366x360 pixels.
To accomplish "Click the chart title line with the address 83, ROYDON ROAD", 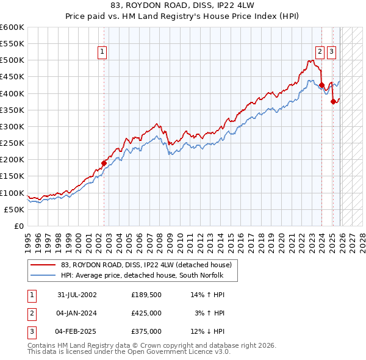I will (183, 5).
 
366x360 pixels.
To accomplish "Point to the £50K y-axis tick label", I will (14, 209).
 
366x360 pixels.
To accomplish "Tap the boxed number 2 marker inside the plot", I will (320, 52).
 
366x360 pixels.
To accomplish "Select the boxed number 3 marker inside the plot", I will (331, 52).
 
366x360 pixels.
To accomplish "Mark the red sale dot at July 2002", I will (104, 163).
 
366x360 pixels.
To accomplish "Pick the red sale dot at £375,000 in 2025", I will (333, 102).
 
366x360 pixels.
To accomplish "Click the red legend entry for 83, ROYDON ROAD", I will (146, 265).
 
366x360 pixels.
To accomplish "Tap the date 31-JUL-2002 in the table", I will (77, 295).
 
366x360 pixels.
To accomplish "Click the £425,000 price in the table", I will (146, 313).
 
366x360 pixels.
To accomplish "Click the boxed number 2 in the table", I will (30, 313).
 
